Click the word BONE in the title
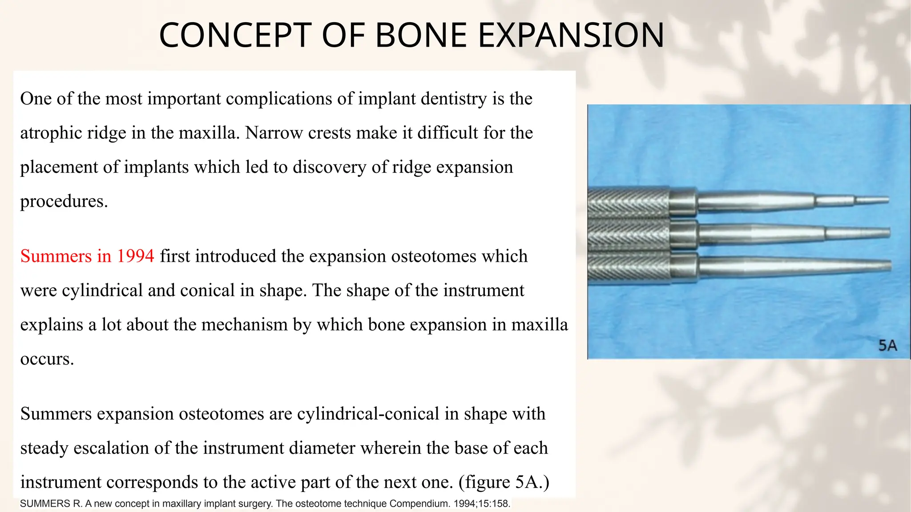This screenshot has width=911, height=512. click(421, 36)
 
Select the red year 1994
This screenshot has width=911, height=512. click(135, 256)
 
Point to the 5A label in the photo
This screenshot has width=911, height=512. click(887, 345)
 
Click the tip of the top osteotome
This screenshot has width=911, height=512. click(887, 200)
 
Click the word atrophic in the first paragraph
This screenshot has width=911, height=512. click(51, 133)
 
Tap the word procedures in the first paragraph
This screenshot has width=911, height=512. click(64, 201)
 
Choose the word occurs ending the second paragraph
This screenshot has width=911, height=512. click(47, 359)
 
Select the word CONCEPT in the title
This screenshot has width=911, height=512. click(235, 36)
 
